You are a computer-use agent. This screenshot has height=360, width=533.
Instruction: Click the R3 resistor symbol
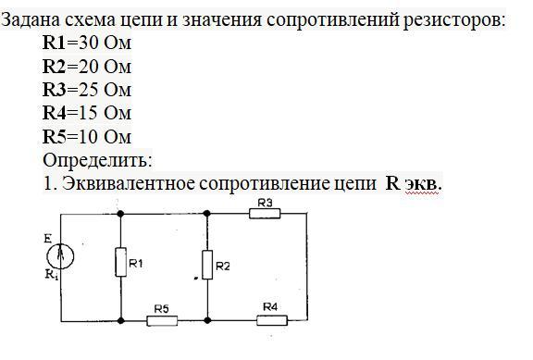click(x=265, y=214)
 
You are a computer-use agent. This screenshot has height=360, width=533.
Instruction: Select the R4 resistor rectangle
click(x=272, y=320)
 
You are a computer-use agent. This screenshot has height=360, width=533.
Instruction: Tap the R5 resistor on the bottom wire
click(x=162, y=320)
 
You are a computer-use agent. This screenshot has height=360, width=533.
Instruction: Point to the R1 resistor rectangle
click(x=120, y=262)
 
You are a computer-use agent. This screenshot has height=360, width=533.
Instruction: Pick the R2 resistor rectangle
click(x=207, y=265)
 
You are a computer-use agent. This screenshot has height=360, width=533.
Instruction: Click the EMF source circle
click(x=60, y=255)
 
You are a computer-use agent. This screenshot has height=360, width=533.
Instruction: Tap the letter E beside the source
click(x=47, y=239)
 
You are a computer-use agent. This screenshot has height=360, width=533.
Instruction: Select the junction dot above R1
click(x=120, y=214)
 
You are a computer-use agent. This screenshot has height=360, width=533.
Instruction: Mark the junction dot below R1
click(x=120, y=320)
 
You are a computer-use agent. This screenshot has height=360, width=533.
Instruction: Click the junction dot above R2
click(x=206, y=214)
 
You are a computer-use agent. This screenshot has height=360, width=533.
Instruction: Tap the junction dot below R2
click(x=207, y=320)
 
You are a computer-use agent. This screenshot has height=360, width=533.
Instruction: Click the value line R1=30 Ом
click(x=87, y=43)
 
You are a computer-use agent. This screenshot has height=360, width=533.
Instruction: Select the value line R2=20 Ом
click(x=87, y=67)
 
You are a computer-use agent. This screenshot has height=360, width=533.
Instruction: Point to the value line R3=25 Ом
click(x=87, y=90)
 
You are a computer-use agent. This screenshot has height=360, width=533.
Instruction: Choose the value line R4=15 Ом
click(x=87, y=113)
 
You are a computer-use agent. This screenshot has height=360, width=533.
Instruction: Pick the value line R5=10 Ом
click(x=87, y=137)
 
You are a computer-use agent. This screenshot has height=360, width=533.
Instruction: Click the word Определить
click(x=97, y=160)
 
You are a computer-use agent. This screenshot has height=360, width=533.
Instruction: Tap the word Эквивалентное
click(x=129, y=183)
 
